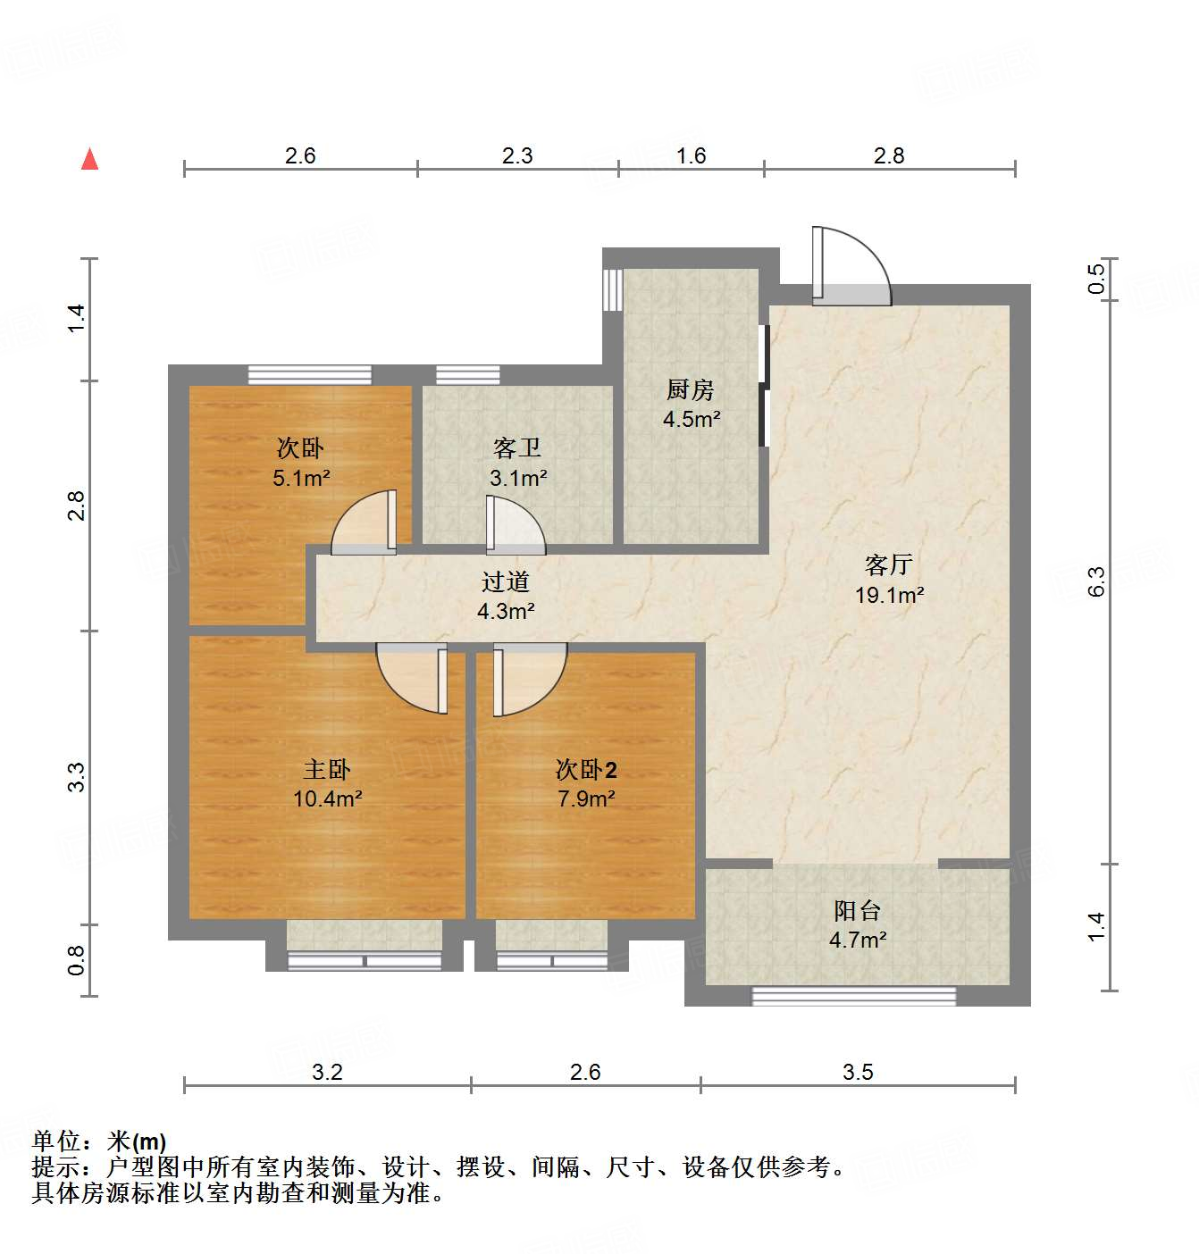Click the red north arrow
click(89, 159)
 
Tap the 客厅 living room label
click(888, 564)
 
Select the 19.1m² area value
click(889, 595)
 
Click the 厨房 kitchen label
click(691, 389)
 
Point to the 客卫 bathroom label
click(517, 447)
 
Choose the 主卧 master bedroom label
click(327, 769)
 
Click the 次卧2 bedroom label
click(586, 769)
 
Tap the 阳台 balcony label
click(858, 910)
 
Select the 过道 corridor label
click(506, 581)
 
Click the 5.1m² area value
click(301, 478)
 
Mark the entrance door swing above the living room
click(851, 265)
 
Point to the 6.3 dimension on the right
click(1096, 581)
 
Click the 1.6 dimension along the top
click(691, 155)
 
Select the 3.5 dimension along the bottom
click(858, 1072)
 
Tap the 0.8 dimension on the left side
click(77, 960)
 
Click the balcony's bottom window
click(854, 996)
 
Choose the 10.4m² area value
click(327, 798)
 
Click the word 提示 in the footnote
click(55, 1166)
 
